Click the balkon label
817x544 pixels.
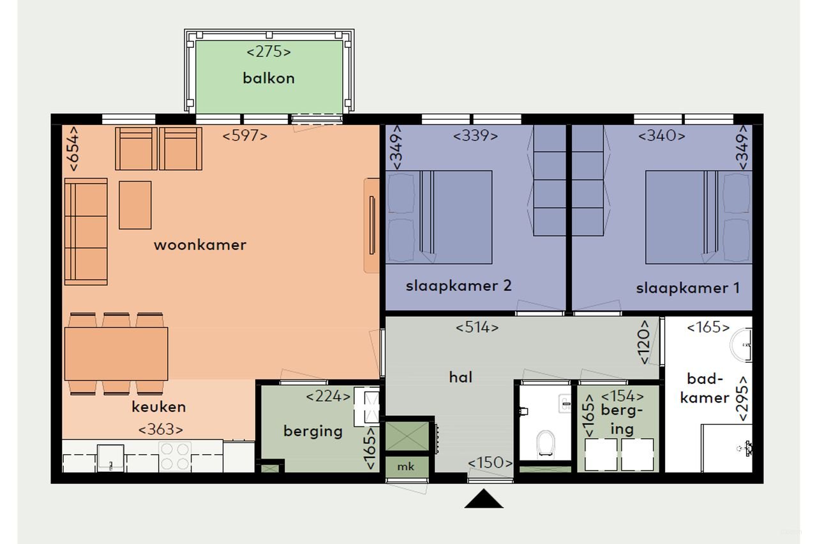pyautogui.click(x=268, y=78)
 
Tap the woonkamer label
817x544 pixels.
pyautogui.click(x=200, y=245)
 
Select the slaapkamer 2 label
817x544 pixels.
pyautogui.click(x=458, y=286)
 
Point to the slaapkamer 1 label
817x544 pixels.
pyautogui.click(x=687, y=288)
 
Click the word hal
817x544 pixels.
pyautogui.click(x=460, y=377)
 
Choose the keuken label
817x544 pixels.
pyautogui.click(x=159, y=407)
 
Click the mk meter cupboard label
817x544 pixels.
pyautogui.click(x=405, y=467)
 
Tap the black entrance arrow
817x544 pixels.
pyautogui.click(x=484, y=499)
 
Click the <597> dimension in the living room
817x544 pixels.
pyautogui.click(x=244, y=135)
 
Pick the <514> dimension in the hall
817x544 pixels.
pyautogui.click(x=477, y=328)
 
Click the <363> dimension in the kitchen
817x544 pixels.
pyautogui.click(x=161, y=429)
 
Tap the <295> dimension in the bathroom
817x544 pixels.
pyautogui.click(x=742, y=397)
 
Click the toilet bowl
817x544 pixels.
pyautogui.click(x=544, y=443)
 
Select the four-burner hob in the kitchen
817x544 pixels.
pyautogui.click(x=175, y=456)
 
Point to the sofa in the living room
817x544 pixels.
pyautogui.click(x=86, y=232)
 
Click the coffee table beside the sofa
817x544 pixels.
pyautogui.click(x=135, y=205)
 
